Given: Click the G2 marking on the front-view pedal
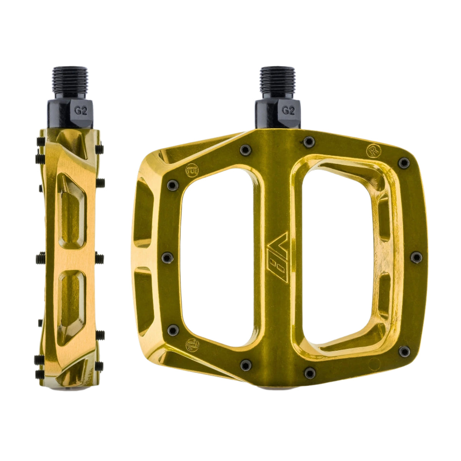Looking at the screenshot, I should [288, 111].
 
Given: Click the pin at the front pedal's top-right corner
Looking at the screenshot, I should [403, 163].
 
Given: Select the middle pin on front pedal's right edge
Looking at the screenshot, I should [416, 257].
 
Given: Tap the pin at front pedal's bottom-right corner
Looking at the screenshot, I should [404, 351].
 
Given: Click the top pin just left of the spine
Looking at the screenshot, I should [245, 149].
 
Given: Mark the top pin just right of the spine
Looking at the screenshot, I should [308, 142].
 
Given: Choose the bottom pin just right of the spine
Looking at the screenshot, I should [310, 372].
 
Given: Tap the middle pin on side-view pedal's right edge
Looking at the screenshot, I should [99, 257].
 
